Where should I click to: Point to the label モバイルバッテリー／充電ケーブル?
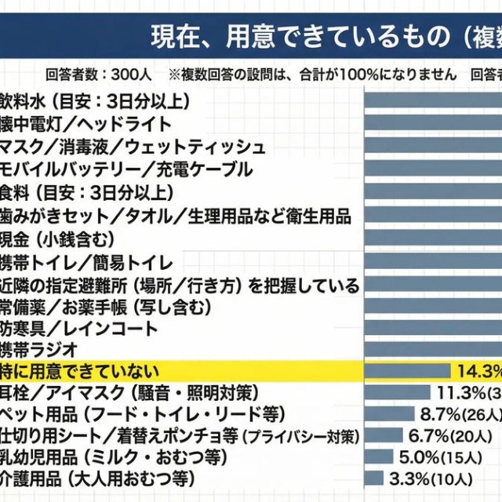tap(125, 169)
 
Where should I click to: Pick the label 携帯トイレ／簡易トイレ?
tap(86, 261)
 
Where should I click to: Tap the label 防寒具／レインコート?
tap(78, 329)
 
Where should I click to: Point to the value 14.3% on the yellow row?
tap(478, 371)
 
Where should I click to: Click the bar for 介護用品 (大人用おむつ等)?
tap(374, 477)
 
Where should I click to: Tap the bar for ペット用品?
tap(389, 413)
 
